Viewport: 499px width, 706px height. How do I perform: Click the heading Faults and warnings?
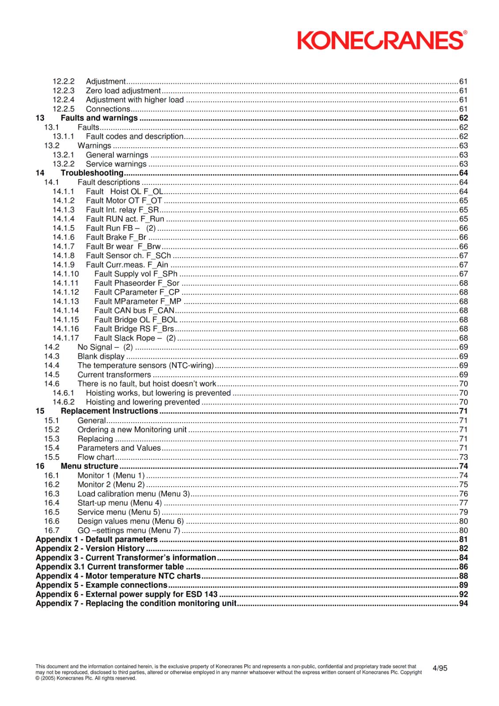click(99, 118)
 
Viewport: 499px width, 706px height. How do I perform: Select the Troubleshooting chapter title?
click(92, 173)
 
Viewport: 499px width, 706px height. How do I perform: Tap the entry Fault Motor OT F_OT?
click(124, 201)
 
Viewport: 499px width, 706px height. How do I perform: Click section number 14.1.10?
click(66, 274)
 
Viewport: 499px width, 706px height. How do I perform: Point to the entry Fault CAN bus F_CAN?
click(134, 311)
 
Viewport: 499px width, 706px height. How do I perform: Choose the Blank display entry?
click(101, 357)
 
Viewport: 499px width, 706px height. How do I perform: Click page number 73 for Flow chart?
click(463, 457)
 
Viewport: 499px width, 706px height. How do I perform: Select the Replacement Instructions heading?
click(109, 411)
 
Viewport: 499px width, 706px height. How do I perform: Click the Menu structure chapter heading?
click(89, 466)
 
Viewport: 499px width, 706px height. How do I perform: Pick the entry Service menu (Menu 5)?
click(118, 512)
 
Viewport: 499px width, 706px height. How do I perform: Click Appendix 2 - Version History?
click(90, 548)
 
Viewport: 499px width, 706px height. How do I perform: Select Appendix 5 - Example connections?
click(101, 585)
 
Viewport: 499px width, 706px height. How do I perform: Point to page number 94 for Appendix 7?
click(463, 604)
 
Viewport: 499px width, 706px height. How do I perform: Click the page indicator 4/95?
click(439, 668)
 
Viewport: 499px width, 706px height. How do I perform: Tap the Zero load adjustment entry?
click(123, 91)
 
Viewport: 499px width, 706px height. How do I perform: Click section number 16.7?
click(52, 530)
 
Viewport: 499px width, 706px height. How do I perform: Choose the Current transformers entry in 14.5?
click(114, 375)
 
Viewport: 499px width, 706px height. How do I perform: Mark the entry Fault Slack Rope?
click(135, 338)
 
